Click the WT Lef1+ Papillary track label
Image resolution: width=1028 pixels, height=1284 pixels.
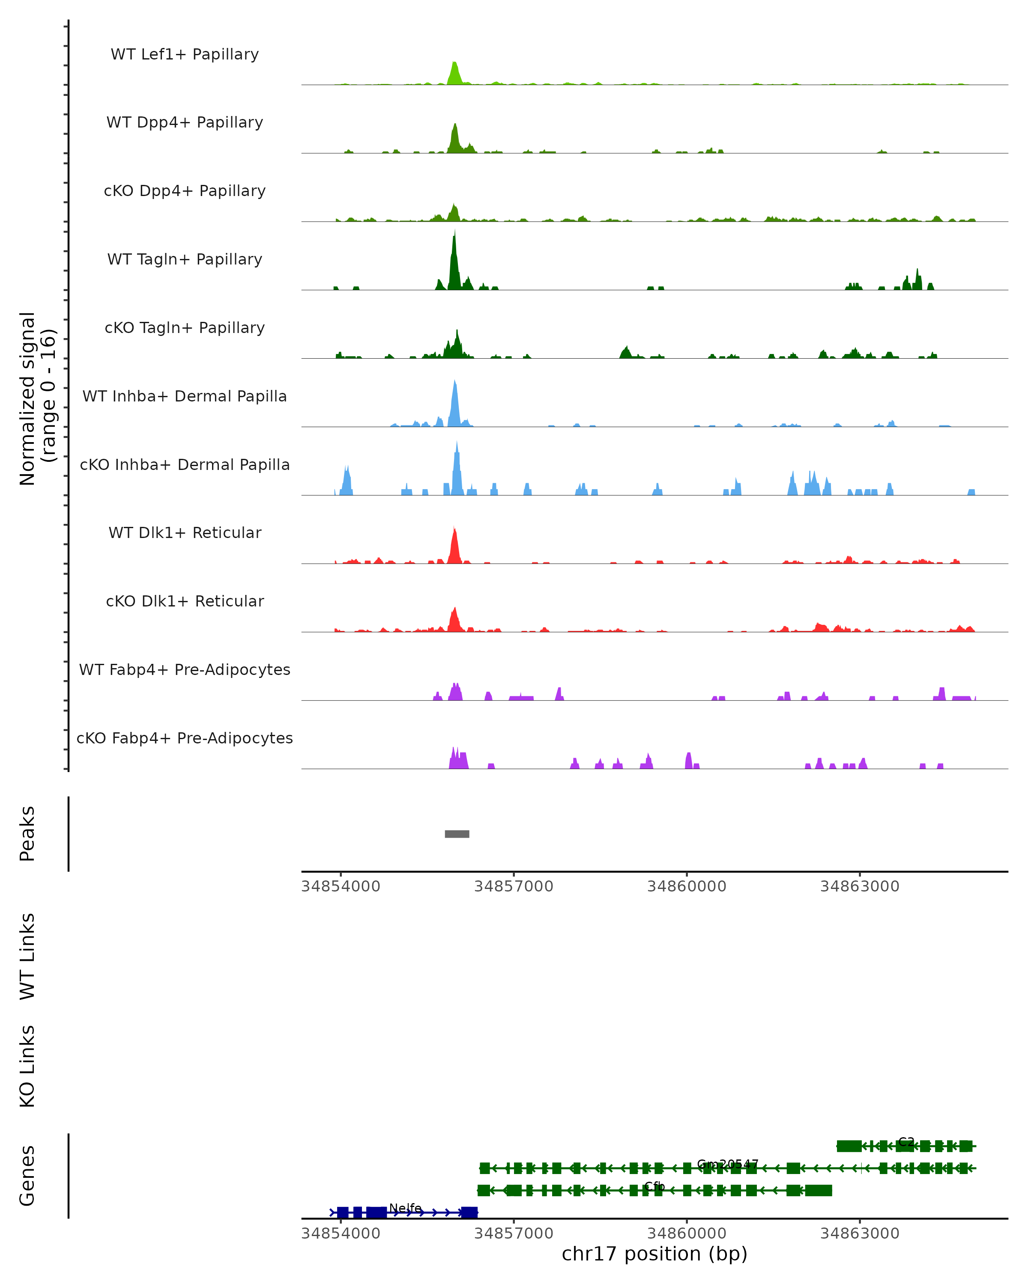pyautogui.click(x=185, y=54)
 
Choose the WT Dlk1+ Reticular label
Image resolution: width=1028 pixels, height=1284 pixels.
pyautogui.click(x=185, y=532)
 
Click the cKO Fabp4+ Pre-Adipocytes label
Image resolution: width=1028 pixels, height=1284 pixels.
pyautogui.click(x=185, y=738)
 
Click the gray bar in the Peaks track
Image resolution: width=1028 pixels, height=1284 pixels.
pyautogui.click(x=457, y=834)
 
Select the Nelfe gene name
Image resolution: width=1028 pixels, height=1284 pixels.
pyautogui.click(x=405, y=1208)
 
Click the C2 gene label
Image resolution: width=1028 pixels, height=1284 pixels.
pyautogui.click(x=906, y=1141)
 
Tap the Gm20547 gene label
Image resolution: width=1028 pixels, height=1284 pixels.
pyautogui.click(x=727, y=1164)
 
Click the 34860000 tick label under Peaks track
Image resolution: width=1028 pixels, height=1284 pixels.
pyautogui.click(x=687, y=886)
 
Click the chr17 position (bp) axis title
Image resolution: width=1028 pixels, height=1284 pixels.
pyautogui.click(x=654, y=1254)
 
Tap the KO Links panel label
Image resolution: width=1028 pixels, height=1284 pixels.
pyautogui.click(x=27, y=1067)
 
